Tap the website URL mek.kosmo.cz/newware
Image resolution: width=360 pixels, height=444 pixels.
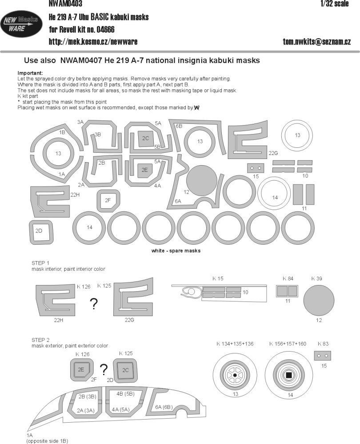93,41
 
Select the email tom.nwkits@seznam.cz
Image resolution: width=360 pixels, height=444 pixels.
317,41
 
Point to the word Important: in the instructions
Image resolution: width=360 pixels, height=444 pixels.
30,73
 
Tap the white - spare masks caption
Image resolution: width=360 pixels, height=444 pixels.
176,251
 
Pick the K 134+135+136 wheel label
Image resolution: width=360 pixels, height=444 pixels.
235,343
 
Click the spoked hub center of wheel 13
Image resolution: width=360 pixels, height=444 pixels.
235,376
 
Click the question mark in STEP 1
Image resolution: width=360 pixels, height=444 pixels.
94,304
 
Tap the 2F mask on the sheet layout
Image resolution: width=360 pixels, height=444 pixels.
108,200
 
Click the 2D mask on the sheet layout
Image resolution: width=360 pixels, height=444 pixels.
39,231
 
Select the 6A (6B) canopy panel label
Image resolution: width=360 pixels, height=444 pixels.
164,407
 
